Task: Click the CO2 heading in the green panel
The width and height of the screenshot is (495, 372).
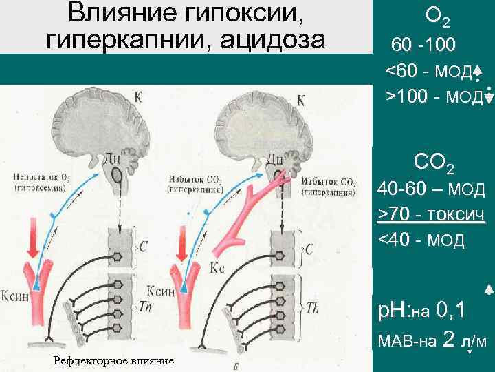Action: pos(434,163)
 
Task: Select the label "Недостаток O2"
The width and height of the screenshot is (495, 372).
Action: pos(41,177)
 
